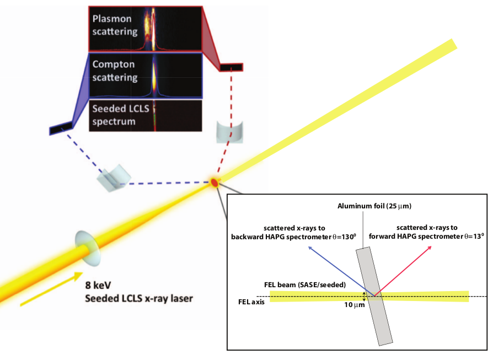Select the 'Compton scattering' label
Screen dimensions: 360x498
coord(115,71)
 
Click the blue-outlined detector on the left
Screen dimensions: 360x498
coord(61,128)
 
